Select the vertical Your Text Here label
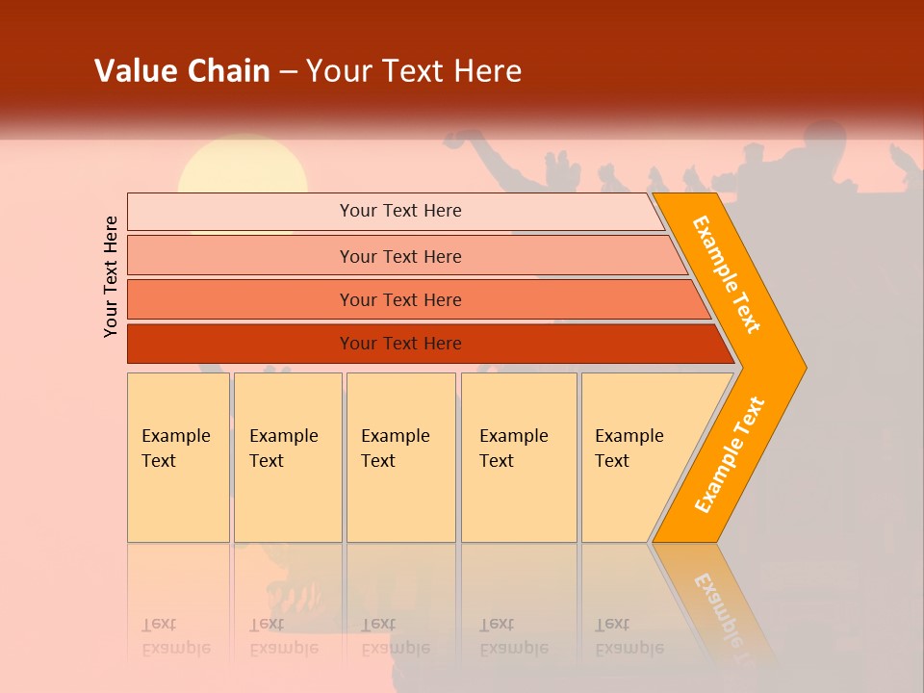point(111,276)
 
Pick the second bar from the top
point(399,256)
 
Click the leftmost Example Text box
point(178,457)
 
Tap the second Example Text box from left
point(288,457)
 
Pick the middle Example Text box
point(400,457)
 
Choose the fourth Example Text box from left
point(519,457)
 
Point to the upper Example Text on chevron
point(727,274)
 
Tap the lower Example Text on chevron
point(730,455)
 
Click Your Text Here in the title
point(414,70)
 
